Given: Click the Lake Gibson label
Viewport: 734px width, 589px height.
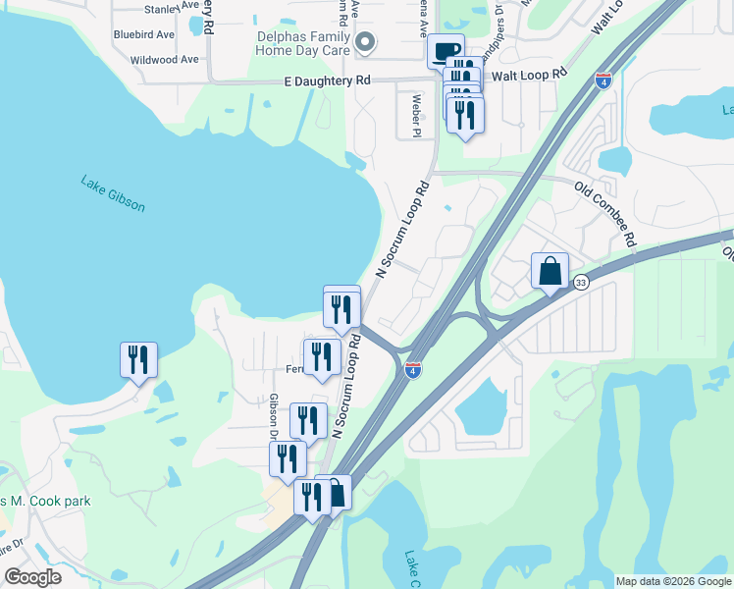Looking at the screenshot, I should (x=113, y=193).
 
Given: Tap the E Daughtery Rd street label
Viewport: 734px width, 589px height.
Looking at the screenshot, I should (x=329, y=80).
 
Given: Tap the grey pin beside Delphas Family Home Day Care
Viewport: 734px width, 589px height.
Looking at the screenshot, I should (x=365, y=42).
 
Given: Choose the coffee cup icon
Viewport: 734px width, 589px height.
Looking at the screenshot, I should (x=446, y=50).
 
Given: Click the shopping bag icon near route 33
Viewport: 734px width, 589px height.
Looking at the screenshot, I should (x=550, y=270).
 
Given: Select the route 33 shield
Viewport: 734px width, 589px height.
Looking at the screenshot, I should (x=581, y=283).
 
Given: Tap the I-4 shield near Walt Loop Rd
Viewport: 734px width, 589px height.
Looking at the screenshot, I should (x=603, y=81).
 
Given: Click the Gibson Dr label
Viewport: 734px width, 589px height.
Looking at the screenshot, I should (x=273, y=416).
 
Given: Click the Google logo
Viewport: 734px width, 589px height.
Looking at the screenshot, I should (x=32, y=577).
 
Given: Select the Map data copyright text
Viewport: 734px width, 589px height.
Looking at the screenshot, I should (x=673, y=581).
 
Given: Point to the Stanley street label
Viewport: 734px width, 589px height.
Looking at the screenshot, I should (x=163, y=9).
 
